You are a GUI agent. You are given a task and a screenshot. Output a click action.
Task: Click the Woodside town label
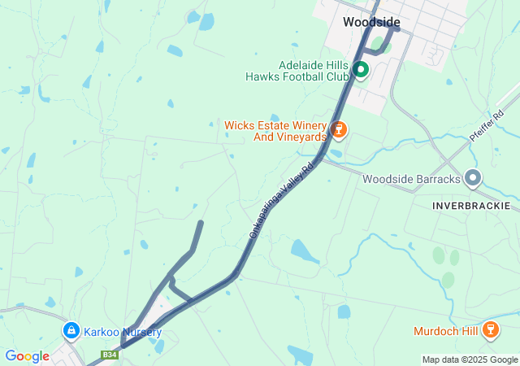370,22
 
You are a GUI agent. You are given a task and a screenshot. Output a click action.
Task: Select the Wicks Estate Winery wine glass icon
339,129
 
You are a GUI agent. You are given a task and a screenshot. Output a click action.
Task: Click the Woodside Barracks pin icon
474,178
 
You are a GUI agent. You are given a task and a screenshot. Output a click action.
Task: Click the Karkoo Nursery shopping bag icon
71,332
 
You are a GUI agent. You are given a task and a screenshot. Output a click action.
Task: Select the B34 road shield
109,355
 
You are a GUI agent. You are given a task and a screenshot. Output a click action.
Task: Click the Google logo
27,356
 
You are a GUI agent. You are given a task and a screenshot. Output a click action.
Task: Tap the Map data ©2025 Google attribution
470,359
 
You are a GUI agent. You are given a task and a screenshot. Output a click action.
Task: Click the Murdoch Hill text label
446,331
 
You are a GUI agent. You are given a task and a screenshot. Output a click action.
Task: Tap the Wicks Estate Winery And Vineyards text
275,131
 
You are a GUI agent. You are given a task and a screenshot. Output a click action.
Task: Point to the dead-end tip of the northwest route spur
201,222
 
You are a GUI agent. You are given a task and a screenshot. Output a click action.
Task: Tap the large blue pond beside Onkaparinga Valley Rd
305,251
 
